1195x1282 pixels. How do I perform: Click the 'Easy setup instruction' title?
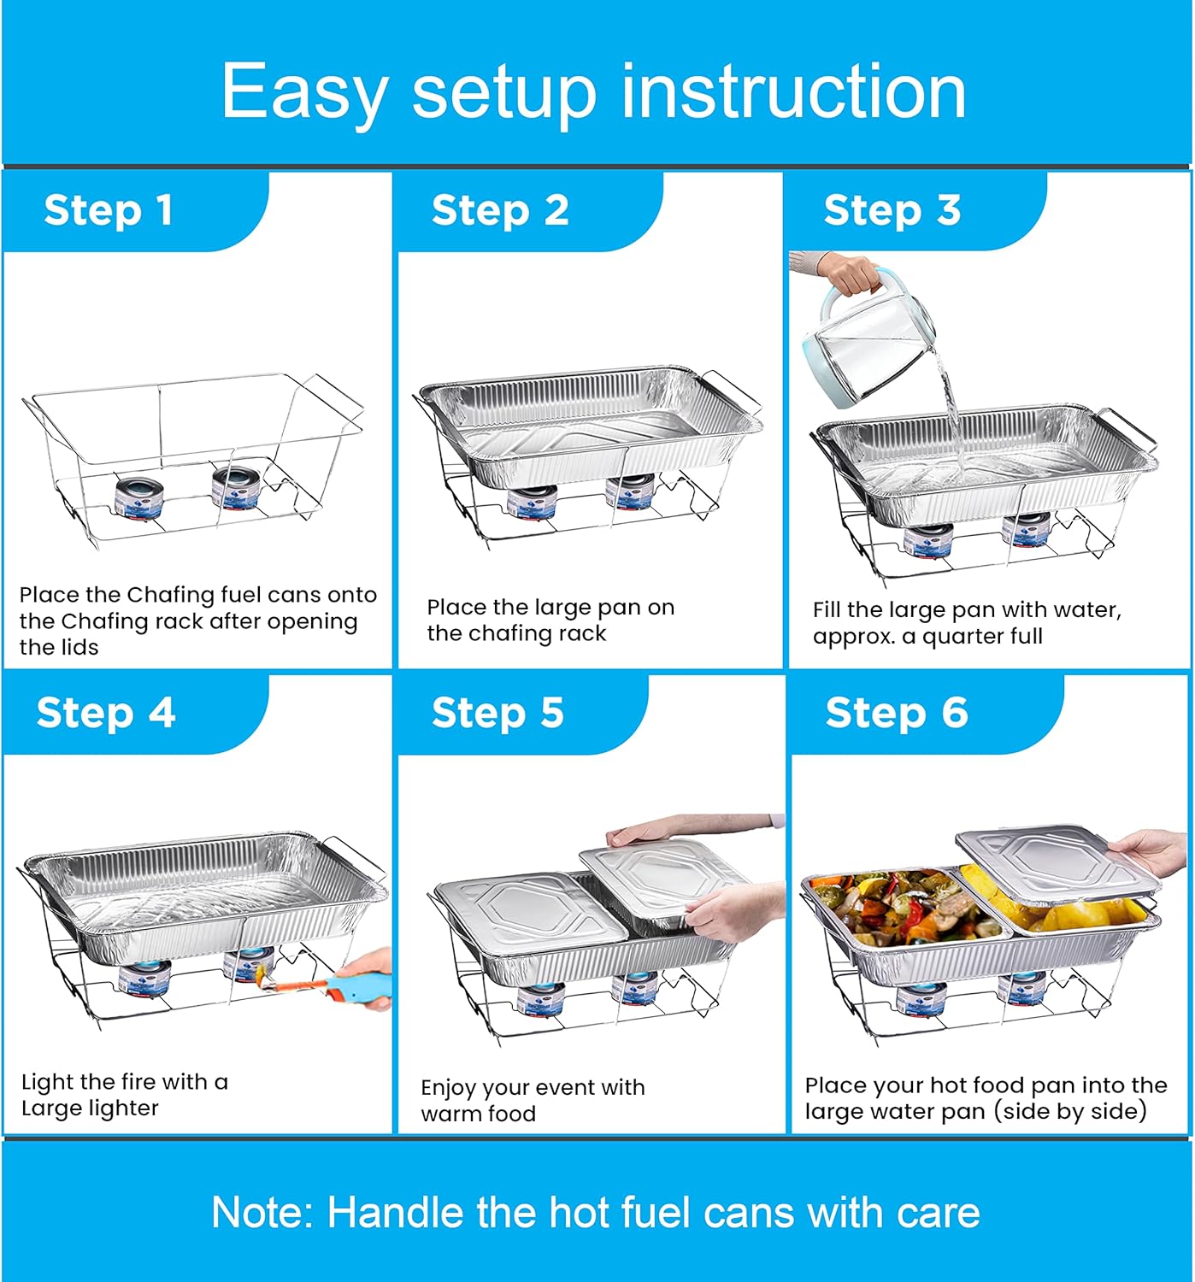pos(593,91)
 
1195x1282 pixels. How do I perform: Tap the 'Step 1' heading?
pos(109,210)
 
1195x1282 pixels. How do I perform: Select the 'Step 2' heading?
pos(500,210)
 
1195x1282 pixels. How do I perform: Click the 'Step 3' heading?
pos(892,210)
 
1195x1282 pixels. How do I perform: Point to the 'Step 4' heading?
pos(106,713)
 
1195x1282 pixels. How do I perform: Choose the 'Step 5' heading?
pos(497,713)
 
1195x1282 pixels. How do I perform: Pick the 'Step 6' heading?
pos(896,713)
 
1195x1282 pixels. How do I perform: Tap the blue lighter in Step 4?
pos(359,983)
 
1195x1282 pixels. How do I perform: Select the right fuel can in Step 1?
pos(235,487)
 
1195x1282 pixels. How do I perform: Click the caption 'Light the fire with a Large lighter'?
pos(124,1095)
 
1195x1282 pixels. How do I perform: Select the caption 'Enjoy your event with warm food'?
pos(532,1100)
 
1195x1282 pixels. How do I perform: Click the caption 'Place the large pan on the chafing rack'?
pos(550,620)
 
